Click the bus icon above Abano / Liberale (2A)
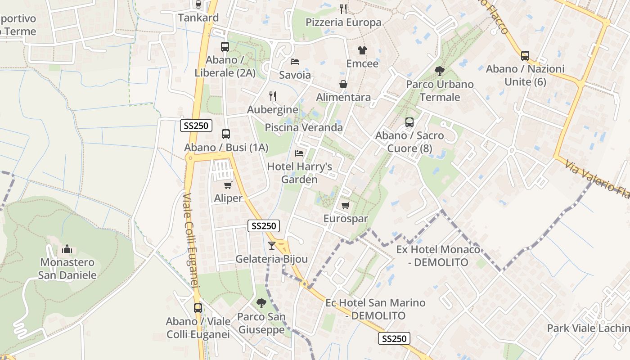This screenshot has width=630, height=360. pyautogui.click(x=225, y=46)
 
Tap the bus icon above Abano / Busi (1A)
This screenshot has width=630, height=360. pyautogui.click(x=226, y=134)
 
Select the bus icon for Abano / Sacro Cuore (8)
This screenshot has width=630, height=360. pyautogui.click(x=409, y=122)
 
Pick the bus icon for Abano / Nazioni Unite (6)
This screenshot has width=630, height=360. pyautogui.click(x=525, y=56)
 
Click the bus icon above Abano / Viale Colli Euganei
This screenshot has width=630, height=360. pyautogui.click(x=198, y=308)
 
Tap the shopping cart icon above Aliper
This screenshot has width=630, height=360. pyautogui.click(x=228, y=185)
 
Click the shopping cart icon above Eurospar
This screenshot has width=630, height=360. pyautogui.click(x=346, y=206)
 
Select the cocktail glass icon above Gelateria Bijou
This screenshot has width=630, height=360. pyautogui.click(x=271, y=246)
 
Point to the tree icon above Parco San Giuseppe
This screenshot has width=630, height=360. pyautogui.click(x=261, y=303)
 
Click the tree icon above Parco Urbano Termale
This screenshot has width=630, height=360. pyautogui.click(x=439, y=71)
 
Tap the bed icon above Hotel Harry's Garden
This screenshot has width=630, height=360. pyautogui.click(x=299, y=153)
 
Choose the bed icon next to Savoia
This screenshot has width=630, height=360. pyautogui.click(x=295, y=61)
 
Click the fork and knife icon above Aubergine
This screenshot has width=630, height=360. pyautogui.click(x=272, y=96)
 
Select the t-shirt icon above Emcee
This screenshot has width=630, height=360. pyautogui.click(x=362, y=50)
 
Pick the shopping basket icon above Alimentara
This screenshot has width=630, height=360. pyautogui.click(x=343, y=84)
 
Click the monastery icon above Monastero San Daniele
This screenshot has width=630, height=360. pyautogui.click(x=67, y=249)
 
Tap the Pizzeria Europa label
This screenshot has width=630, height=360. pyautogui.click(x=343, y=22)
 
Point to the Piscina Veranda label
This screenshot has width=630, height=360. pyautogui.click(x=304, y=127)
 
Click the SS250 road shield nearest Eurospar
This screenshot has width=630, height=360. pyautogui.click(x=264, y=226)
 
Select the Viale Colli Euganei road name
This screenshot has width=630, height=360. pyautogui.click(x=191, y=241)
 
